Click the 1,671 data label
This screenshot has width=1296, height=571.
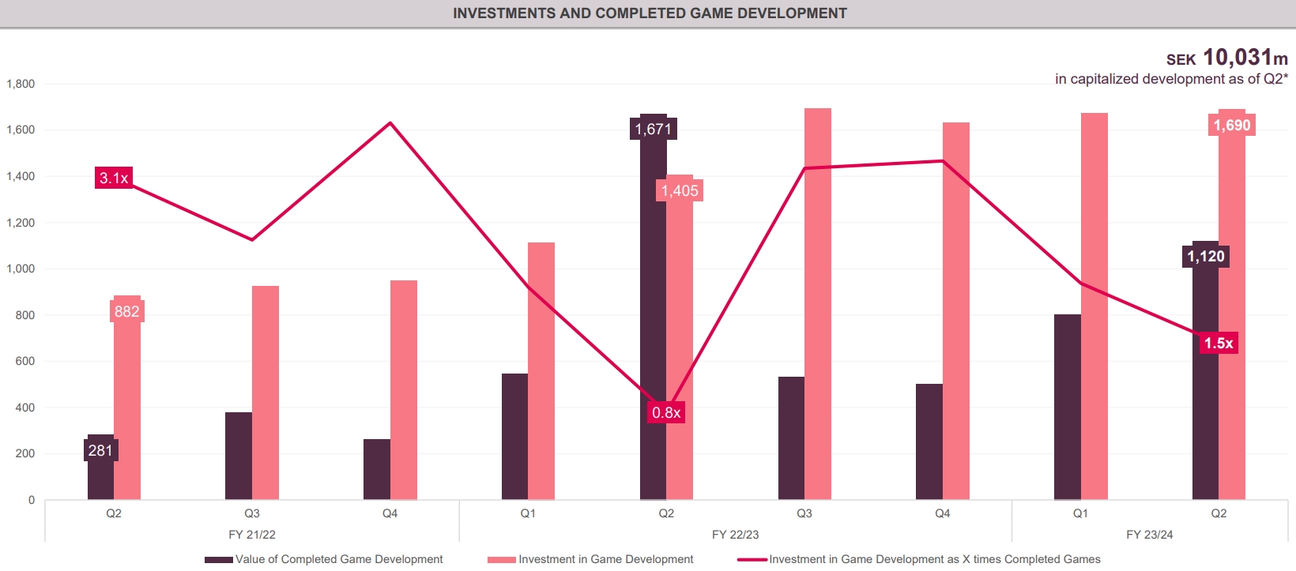click(654, 129)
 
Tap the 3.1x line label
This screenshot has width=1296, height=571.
click(113, 178)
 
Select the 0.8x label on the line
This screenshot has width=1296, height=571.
click(666, 412)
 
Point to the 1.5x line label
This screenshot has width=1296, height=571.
click(1219, 343)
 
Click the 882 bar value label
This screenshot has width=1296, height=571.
click(126, 311)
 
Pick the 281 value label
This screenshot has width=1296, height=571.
click(100, 450)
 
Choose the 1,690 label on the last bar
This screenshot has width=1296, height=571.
click(1232, 125)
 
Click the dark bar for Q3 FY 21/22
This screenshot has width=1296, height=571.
click(239, 456)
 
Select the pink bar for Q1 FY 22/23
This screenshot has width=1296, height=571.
click(541, 371)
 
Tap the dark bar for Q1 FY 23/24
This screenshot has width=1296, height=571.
click(1067, 407)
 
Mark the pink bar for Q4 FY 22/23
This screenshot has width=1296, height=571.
click(956, 311)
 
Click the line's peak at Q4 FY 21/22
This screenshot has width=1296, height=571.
click(390, 123)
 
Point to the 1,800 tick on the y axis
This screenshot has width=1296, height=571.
click(21, 84)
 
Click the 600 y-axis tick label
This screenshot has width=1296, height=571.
click(24, 361)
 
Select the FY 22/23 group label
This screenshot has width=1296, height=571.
click(735, 535)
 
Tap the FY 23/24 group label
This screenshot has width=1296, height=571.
click(1149, 535)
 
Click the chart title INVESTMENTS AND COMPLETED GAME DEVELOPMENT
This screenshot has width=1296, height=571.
click(650, 13)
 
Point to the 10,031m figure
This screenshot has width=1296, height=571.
click(1245, 58)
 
